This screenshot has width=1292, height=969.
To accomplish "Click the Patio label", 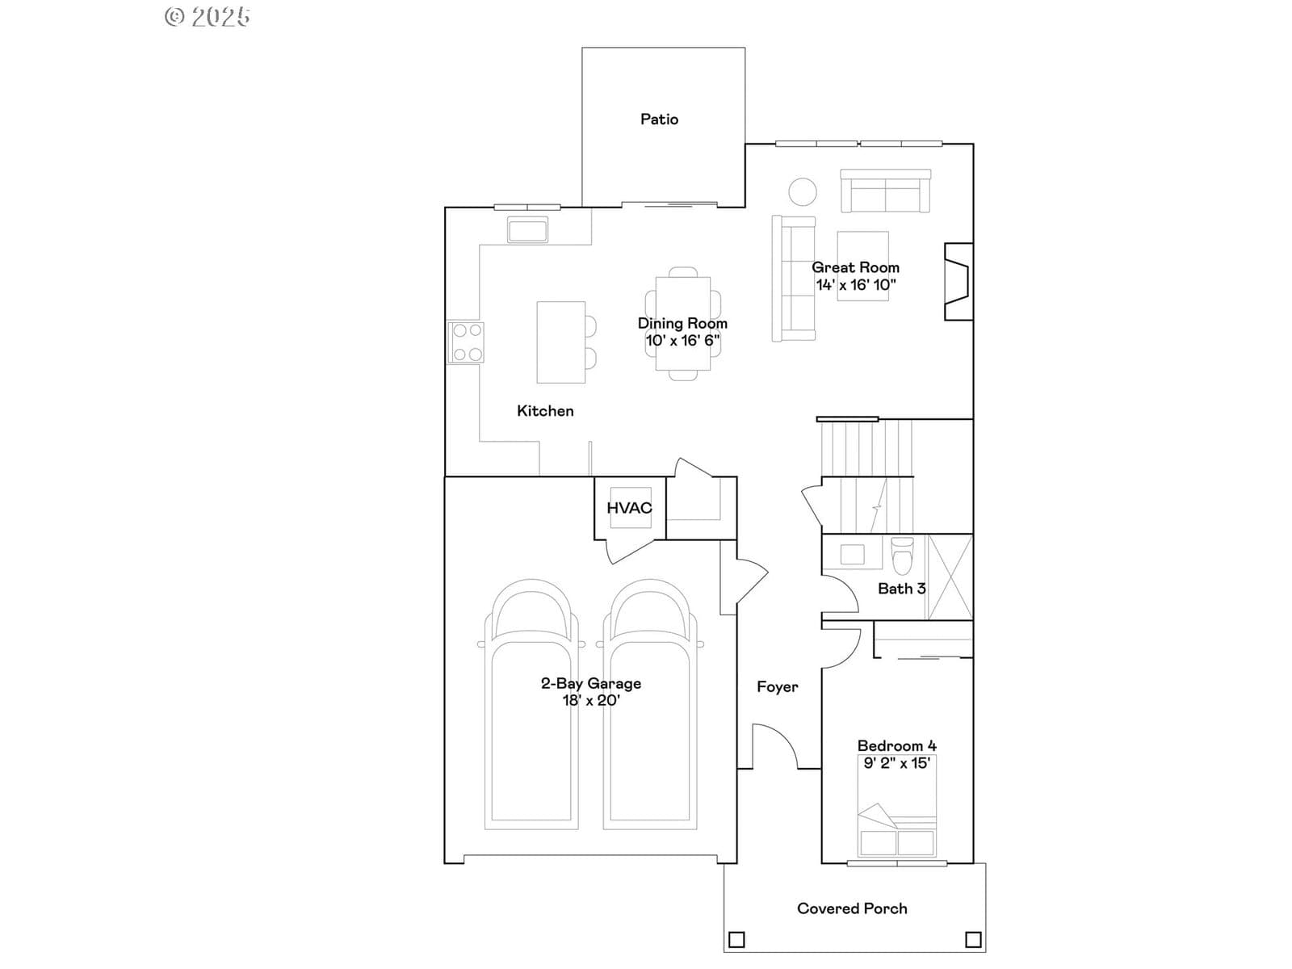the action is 659,120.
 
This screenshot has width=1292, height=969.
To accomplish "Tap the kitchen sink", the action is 527,229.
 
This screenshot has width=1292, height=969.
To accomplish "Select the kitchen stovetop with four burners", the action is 466,342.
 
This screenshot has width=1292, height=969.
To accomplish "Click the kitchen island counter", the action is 561,342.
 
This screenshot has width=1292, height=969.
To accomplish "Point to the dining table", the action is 683,324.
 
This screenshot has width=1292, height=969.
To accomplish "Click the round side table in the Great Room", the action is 803,192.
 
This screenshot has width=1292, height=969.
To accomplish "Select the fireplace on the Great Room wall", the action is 959,282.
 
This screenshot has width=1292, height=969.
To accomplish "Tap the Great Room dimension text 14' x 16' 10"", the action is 856,285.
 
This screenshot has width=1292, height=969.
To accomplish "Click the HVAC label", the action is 630,508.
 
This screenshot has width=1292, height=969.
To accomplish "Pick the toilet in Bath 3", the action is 902,556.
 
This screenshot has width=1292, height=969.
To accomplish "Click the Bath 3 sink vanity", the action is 852,553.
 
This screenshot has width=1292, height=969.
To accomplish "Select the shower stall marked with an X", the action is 950,577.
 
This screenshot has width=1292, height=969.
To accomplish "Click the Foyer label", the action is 778,686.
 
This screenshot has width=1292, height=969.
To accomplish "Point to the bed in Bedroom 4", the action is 896,805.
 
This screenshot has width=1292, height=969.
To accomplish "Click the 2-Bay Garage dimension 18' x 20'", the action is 591,700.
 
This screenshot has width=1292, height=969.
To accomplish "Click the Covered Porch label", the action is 852,908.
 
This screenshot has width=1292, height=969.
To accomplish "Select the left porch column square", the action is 736,940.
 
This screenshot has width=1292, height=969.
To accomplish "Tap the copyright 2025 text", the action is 208,16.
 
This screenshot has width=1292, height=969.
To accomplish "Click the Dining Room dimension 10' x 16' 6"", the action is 683,341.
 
